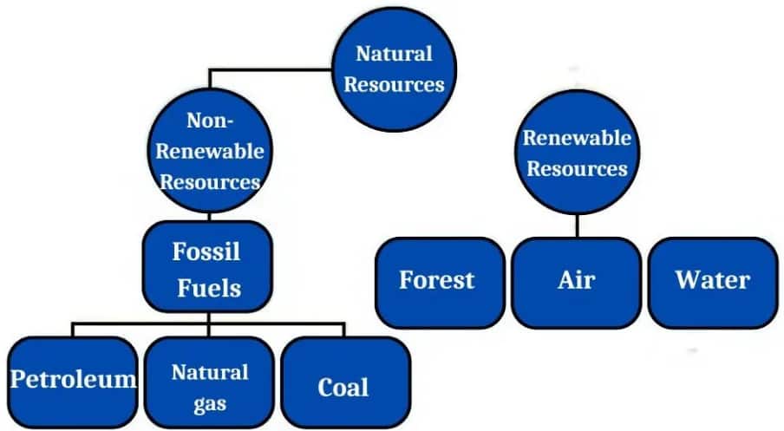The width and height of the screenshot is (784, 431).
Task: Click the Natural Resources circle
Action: click(x=393, y=69)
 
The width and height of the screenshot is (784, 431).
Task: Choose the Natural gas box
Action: click(x=208, y=379)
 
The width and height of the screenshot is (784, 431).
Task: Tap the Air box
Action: click(x=576, y=281)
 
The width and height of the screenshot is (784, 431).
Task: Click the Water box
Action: click(x=712, y=281)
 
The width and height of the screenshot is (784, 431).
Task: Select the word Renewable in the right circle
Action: click(x=577, y=138)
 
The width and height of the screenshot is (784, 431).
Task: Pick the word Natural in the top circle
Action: click(x=394, y=54)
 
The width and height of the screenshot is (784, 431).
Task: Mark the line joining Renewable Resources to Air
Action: click(x=577, y=224)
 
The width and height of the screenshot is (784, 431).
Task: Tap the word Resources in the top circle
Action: click(x=394, y=85)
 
